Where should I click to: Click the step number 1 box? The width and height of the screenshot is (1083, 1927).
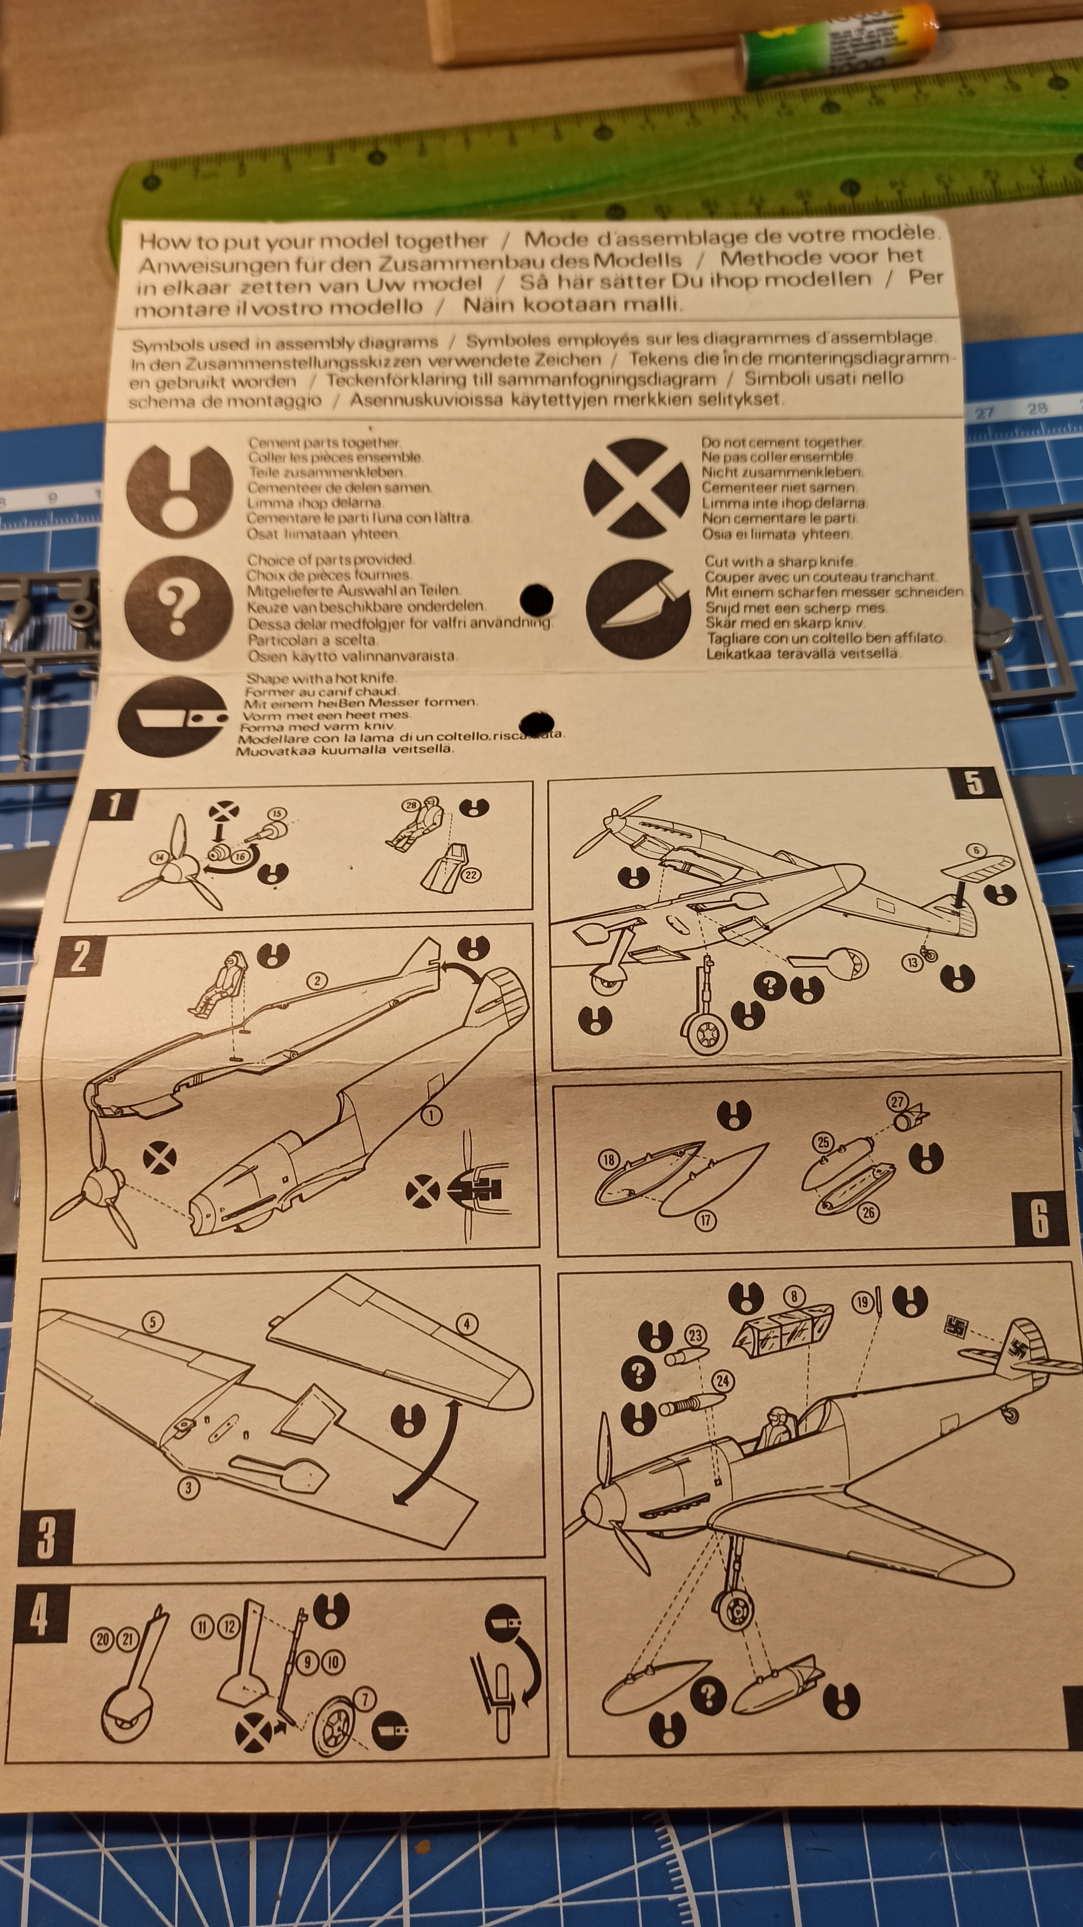(x=114, y=805)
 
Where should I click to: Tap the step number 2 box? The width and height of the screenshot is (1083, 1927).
(x=79, y=957)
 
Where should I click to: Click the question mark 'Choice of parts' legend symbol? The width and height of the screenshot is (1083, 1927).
(x=178, y=608)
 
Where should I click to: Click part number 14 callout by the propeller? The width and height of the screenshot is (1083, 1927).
(x=159, y=858)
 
